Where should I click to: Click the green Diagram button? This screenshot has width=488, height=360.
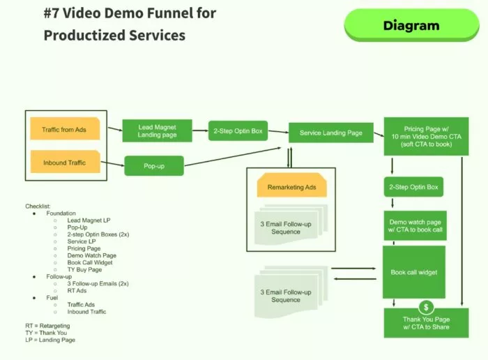[x=411, y=26]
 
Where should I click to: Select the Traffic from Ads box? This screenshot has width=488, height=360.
[x=65, y=130]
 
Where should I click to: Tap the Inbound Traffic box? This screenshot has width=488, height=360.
[x=65, y=163]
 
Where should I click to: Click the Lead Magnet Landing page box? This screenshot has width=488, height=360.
[x=157, y=130]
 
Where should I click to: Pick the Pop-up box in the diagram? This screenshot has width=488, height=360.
[x=153, y=167]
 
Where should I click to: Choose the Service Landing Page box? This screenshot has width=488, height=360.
[x=331, y=133]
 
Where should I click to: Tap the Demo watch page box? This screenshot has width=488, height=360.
[x=414, y=225]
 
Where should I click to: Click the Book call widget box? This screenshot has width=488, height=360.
[x=414, y=272]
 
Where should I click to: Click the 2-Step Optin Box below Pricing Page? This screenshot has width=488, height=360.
[x=413, y=187]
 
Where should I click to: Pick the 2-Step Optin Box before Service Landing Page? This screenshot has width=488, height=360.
[x=238, y=130]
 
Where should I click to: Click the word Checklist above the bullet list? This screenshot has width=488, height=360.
[x=38, y=206]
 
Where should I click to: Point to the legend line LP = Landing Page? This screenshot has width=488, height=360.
[x=50, y=340]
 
